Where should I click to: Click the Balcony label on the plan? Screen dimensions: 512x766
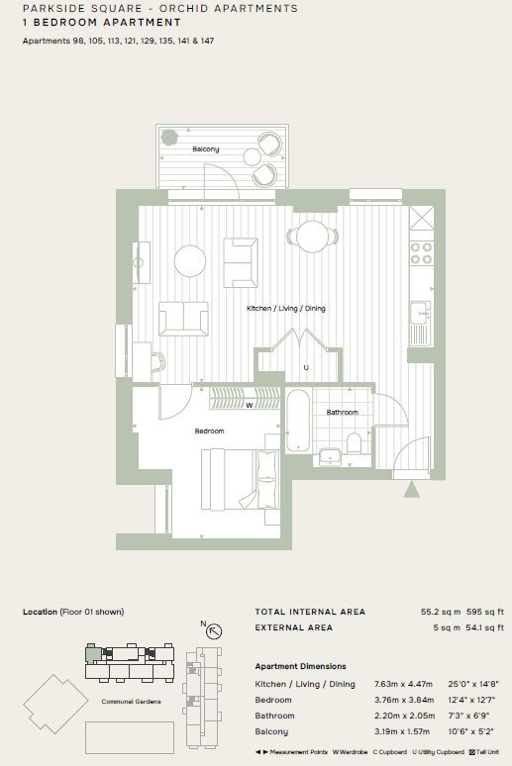(x=205, y=149)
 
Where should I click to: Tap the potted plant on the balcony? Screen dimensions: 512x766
(x=169, y=137)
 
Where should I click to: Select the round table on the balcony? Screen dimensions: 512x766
(x=253, y=157)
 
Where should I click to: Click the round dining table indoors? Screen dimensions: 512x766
(x=313, y=237)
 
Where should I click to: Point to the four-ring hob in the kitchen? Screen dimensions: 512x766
(x=421, y=253)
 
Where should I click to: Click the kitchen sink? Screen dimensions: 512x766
(x=420, y=313)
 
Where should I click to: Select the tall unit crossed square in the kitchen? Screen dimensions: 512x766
(x=421, y=218)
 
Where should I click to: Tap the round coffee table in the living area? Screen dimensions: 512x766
(x=190, y=260)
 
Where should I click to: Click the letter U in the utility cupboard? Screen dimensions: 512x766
(x=306, y=367)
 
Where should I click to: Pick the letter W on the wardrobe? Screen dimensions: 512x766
(x=249, y=405)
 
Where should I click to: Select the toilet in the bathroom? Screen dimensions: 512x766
(x=354, y=442)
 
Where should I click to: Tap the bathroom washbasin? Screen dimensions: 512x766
(x=331, y=456)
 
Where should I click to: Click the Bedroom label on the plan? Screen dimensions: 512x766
(x=209, y=431)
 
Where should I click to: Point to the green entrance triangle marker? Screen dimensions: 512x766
(x=412, y=489)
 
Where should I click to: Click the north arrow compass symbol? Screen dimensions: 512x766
(x=213, y=630)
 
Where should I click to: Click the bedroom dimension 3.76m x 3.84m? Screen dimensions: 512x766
(x=404, y=700)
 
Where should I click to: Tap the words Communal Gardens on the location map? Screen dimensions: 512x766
(x=131, y=702)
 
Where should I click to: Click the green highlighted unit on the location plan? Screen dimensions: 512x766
(x=91, y=653)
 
